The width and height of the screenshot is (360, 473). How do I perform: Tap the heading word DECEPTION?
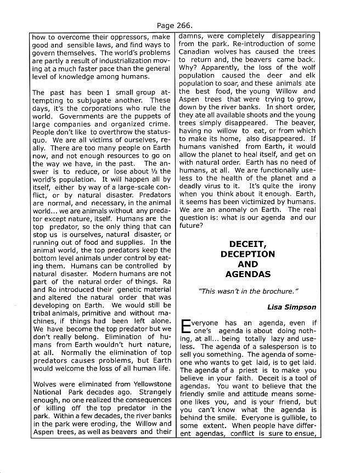pos(248,254)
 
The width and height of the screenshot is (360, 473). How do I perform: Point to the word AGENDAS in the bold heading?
pos(248,274)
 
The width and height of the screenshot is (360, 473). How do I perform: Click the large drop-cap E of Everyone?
pos(185,328)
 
